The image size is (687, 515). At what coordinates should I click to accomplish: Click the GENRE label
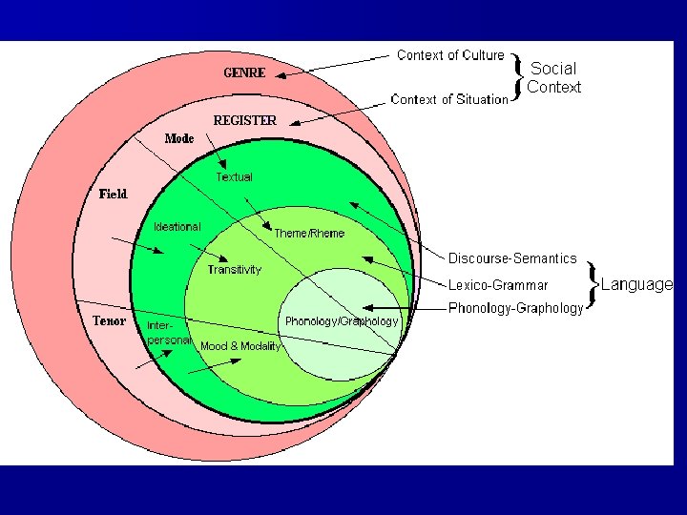tap(244, 72)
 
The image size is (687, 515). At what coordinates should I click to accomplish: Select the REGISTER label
tap(244, 121)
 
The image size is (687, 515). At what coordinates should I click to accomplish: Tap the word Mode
tap(179, 139)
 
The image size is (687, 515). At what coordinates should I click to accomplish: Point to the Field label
tap(114, 195)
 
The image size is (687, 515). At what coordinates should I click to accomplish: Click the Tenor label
tap(109, 320)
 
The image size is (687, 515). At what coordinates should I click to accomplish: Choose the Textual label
tap(235, 177)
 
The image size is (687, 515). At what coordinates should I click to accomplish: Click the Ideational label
tap(177, 227)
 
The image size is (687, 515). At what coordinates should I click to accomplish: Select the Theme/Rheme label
tap(309, 234)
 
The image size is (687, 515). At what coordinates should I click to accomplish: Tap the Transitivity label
tap(235, 270)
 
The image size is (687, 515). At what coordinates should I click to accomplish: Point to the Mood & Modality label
tap(240, 346)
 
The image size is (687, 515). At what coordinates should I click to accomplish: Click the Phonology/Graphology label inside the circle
tap(342, 321)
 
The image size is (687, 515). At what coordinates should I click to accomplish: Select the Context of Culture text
tap(450, 55)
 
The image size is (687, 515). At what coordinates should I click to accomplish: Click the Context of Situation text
tap(450, 99)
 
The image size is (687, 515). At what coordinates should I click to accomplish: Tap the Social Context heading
tap(553, 77)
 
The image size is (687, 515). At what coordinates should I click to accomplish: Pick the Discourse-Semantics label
tap(512, 258)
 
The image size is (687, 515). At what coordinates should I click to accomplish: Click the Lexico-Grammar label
tap(498, 284)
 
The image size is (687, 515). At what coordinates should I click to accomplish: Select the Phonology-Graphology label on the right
tap(515, 308)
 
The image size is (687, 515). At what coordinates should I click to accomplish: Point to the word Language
tap(636, 284)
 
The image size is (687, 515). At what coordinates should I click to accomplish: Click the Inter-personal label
tap(169, 332)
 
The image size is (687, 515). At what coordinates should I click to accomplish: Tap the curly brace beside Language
tap(593, 283)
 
